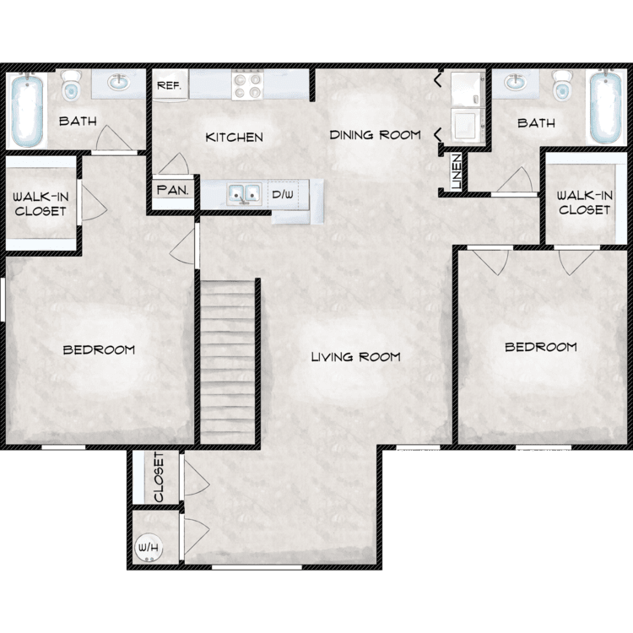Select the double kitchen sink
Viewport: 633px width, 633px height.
[242, 195]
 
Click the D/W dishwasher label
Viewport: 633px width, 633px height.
[283, 195]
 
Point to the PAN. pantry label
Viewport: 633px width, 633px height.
[172, 191]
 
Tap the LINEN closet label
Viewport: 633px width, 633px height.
[456, 171]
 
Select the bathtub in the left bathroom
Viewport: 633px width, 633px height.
[28, 111]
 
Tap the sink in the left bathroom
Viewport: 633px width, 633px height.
[117, 84]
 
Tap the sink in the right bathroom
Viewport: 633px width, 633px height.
[514, 84]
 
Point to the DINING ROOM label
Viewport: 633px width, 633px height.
[375, 135]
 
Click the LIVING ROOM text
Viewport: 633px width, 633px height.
[355, 357]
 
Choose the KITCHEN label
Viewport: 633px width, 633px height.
[235, 138]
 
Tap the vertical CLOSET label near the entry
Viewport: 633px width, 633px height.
[160, 478]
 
